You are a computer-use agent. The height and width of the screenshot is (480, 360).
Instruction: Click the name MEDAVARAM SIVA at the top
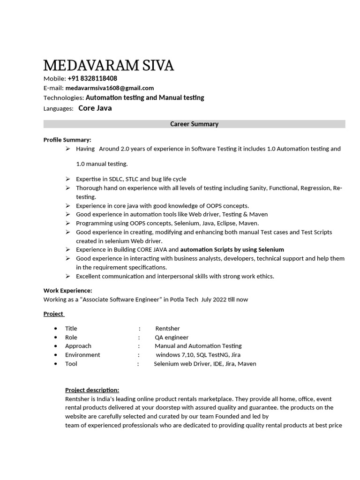[x=108, y=66]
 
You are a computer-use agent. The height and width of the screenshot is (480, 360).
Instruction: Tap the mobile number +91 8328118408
[x=92, y=78]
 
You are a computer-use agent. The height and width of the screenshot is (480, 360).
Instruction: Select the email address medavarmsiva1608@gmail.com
[x=110, y=88]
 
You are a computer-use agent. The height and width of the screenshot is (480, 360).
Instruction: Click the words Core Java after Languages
[x=95, y=108]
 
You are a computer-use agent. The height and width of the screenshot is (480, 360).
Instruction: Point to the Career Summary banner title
[x=194, y=124]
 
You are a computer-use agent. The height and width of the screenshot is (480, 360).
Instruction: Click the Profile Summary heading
[x=67, y=140]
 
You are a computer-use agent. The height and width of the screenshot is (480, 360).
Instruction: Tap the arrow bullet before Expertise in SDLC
[x=67, y=179]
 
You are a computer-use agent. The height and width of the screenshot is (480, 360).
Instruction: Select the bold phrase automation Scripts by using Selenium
[x=232, y=249]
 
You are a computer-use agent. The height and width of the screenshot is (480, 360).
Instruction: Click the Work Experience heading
[x=67, y=291]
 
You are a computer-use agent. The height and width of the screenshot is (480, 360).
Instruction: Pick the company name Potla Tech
[x=184, y=300]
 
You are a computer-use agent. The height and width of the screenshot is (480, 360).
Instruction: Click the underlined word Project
[x=53, y=314]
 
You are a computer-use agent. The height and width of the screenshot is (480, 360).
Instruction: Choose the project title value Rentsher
[x=167, y=329]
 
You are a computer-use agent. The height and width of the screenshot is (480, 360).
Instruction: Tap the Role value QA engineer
[x=172, y=337]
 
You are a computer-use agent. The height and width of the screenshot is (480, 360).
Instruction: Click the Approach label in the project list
[x=78, y=346]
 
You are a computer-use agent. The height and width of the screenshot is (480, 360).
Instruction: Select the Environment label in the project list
[x=82, y=355]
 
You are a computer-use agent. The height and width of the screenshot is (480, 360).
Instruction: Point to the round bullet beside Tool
[x=56, y=364]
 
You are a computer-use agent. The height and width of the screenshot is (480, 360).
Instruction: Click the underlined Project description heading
[x=92, y=390]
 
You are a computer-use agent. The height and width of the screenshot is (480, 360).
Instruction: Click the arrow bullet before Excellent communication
[x=67, y=276]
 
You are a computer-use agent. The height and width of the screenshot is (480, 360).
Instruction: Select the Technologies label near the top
[x=63, y=98]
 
